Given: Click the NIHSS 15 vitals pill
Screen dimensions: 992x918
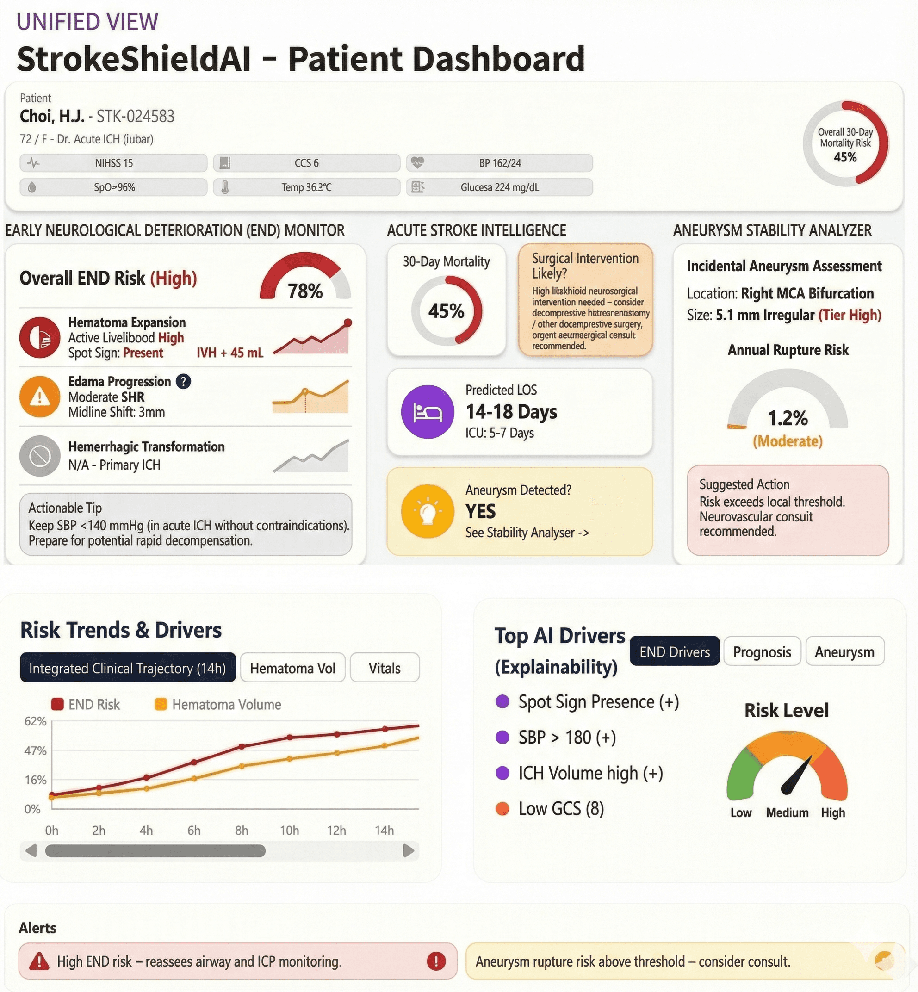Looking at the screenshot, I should (113, 163).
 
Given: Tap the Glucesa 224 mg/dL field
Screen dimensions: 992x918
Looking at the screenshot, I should (499, 187).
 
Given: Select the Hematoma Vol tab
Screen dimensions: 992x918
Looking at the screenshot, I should (292, 668).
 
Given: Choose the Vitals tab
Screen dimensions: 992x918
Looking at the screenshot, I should (384, 668).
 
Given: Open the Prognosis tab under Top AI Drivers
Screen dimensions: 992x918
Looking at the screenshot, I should (762, 652).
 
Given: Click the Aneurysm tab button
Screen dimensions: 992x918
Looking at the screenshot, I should (844, 652).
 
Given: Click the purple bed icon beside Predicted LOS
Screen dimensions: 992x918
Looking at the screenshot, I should (427, 412).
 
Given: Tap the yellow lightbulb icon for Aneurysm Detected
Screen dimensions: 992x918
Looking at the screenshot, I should (427, 512).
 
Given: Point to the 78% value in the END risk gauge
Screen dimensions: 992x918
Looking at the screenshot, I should (305, 291).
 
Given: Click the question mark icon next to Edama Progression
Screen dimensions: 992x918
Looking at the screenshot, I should (183, 382).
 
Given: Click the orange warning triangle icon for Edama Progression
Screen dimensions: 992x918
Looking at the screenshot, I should (40, 397).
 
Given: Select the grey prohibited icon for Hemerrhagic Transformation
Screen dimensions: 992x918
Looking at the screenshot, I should (40, 456).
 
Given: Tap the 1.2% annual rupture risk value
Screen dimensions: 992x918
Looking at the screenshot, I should (788, 418).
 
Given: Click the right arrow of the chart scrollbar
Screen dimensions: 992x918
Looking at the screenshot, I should (408, 851).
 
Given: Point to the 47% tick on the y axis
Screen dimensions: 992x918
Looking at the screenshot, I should (35, 750).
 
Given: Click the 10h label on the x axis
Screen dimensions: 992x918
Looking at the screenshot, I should (289, 831).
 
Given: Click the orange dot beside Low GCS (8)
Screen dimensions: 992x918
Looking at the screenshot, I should (502, 809).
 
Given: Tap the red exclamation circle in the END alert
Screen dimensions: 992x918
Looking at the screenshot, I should (436, 961).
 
